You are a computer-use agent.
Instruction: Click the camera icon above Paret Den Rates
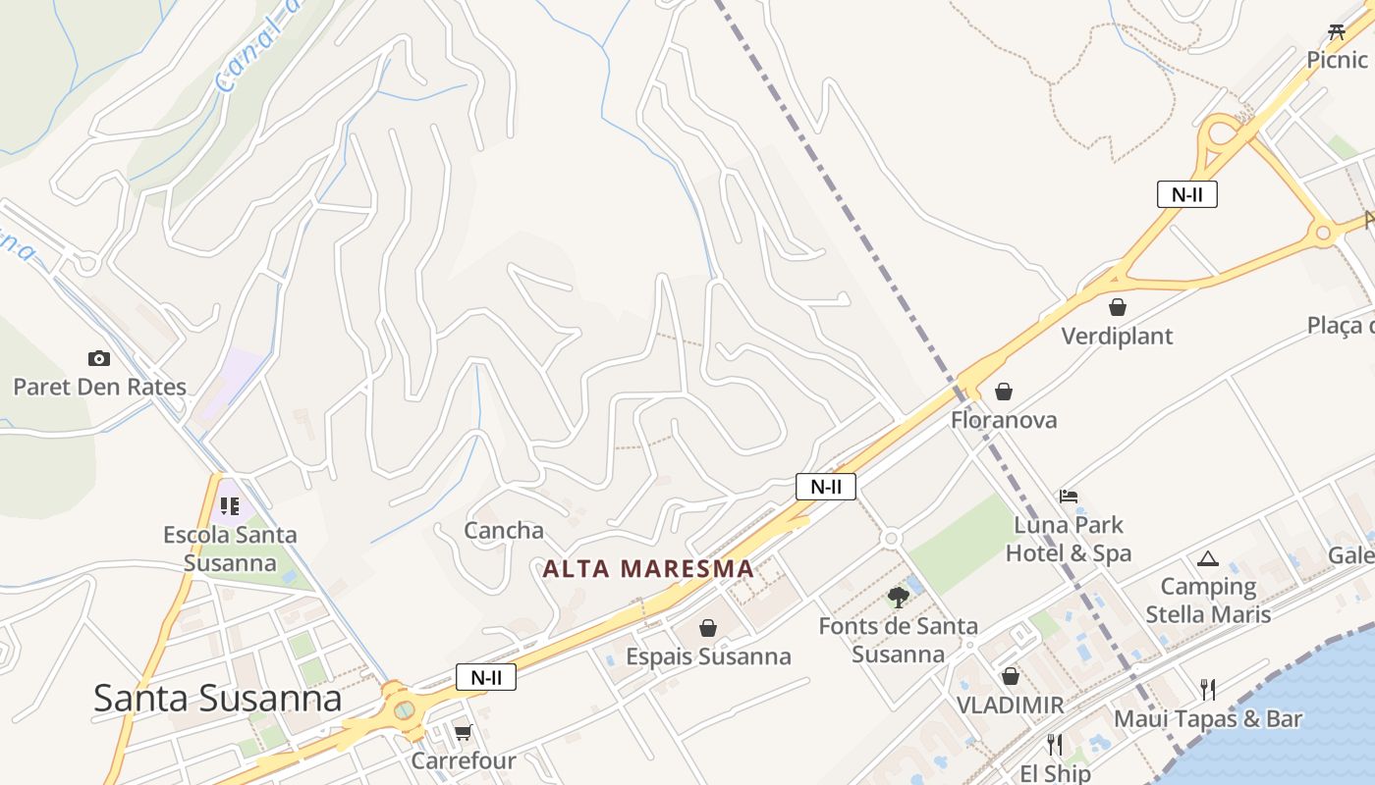[98, 359]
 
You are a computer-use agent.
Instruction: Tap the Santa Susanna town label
[217, 699]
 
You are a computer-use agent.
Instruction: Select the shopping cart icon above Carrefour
[463, 732]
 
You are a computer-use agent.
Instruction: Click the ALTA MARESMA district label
[648, 569]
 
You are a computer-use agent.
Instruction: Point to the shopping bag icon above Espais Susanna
[707, 628]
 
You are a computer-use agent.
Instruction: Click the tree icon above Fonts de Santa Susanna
[898, 597]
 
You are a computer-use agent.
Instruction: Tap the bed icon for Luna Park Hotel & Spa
[1069, 497]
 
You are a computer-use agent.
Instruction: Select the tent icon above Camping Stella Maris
[1207, 559]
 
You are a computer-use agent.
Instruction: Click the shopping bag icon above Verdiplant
[1117, 308]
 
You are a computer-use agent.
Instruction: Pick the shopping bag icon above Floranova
[1003, 392]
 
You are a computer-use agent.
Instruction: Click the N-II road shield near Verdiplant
[1186, 194]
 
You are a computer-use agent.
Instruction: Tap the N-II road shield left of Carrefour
[485, 677]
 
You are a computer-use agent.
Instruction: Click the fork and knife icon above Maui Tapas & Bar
[1207, 690]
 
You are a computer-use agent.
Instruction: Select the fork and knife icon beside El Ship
[1054, 745]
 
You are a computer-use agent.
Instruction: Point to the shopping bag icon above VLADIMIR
[1010, 676]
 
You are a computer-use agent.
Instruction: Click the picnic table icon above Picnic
[1336, 32]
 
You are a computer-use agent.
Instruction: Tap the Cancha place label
[504, 531]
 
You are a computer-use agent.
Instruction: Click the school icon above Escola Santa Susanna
[230, 506]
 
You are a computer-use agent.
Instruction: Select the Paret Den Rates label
[99, 387]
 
